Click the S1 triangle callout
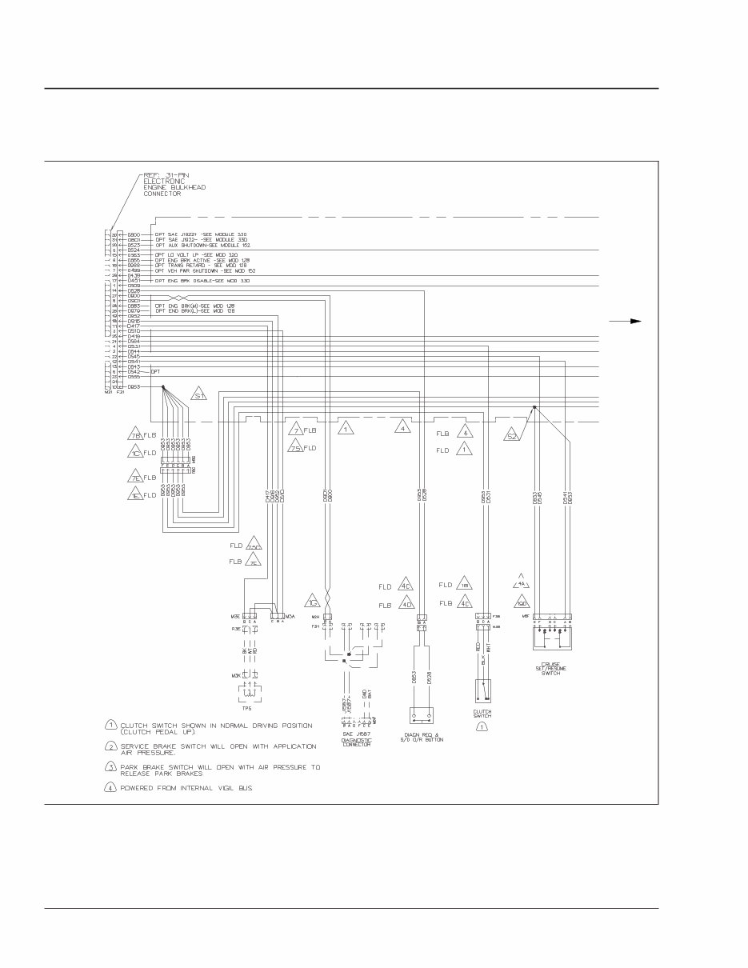click(x=199, y=396)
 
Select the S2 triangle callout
click(x=512, y=435)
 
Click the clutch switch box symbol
click(x=482, y=691)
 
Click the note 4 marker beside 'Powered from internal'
click(x=111, y=787)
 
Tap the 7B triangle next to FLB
click(x=134, y=435)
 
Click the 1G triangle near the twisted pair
click(x=314, y=602)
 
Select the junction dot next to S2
click(x=534, y=407)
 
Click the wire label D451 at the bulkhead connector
click(x=134, y=281)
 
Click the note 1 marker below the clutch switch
click(x=482, y=726)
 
